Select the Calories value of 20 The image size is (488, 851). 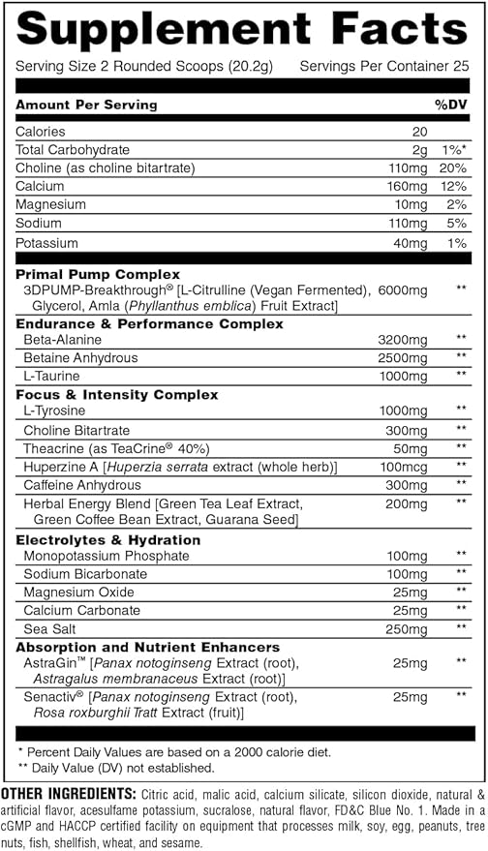tap(418, 132)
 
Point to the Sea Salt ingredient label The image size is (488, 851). tap(46, 627)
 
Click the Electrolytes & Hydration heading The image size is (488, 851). tap(108, 539)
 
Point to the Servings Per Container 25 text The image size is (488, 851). tap(384, 66)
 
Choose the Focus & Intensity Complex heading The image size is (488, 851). tap(116, 395)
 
